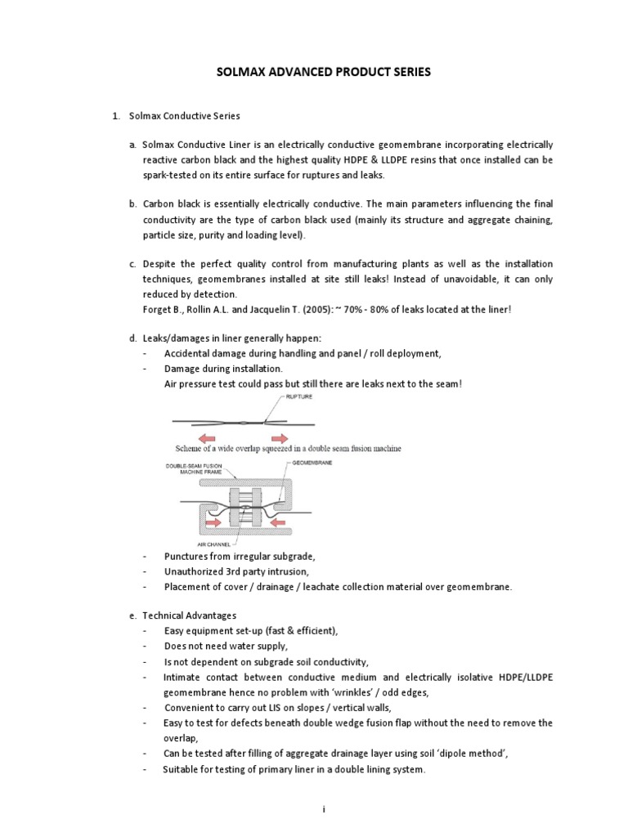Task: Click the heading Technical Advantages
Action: click(188, 615)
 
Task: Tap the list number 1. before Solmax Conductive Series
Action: click(117, 117)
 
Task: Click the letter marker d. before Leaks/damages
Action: click(132, 338)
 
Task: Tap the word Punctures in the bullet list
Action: click(186, 556)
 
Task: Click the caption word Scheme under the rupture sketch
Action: click(193, 449)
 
